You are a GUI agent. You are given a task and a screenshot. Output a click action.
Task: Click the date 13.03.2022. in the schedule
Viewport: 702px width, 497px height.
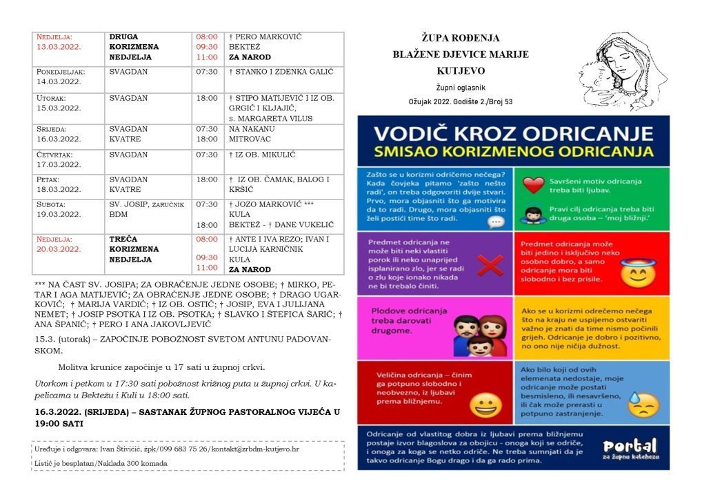[x=59, y=47]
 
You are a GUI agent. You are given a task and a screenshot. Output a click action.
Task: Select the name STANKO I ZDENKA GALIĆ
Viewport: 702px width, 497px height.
[x=281, y=72]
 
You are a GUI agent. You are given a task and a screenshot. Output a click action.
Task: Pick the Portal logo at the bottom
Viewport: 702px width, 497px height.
[x=629, y=449]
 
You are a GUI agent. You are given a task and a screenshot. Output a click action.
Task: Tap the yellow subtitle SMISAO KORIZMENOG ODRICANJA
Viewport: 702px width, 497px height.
[x=513, y=150]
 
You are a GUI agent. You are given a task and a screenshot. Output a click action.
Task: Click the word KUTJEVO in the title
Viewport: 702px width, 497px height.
[x=461, y=70]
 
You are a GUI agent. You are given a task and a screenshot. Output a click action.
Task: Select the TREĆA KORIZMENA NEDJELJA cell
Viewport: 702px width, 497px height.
[x=134, y=249]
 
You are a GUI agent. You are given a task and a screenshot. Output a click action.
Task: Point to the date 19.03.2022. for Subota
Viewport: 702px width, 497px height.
[x=59, y=215]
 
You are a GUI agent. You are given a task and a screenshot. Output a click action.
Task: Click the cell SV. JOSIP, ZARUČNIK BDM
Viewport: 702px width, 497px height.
[x=146, y=209]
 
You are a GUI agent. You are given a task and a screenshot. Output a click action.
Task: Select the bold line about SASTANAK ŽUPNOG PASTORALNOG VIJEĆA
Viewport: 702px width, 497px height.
[x=188, y=418]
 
